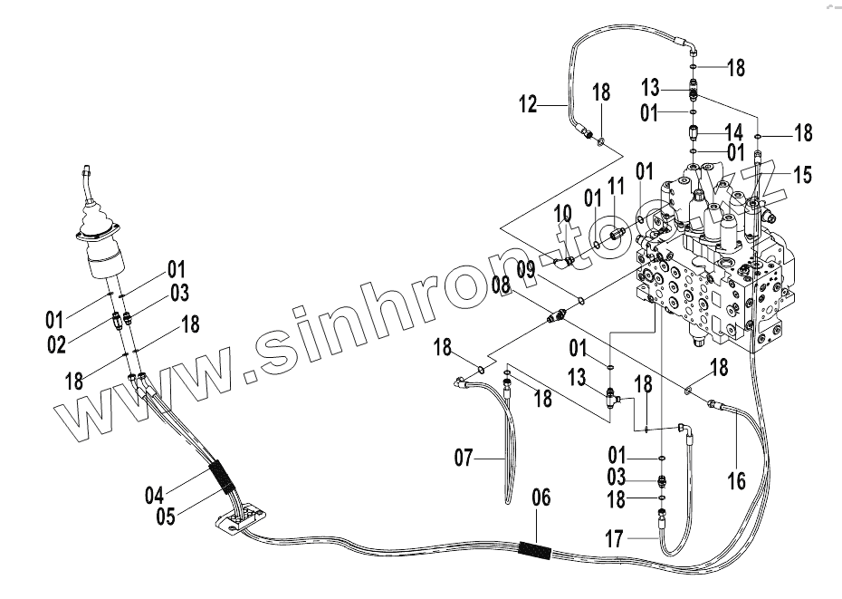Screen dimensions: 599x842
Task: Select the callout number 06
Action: tap(541, 498)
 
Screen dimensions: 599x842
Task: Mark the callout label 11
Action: tap(617, 187)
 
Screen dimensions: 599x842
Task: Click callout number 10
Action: tap(563, 214)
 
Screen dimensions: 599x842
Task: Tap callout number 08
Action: tap(502, 287)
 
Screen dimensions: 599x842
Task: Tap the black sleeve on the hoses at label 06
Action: tap(534, 549)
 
